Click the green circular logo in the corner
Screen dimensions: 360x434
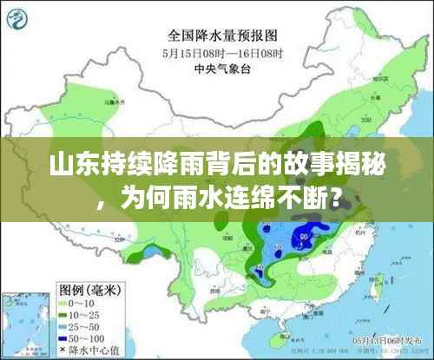[x=18, y=18]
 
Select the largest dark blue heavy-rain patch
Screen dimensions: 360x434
[x=305, y=232]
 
